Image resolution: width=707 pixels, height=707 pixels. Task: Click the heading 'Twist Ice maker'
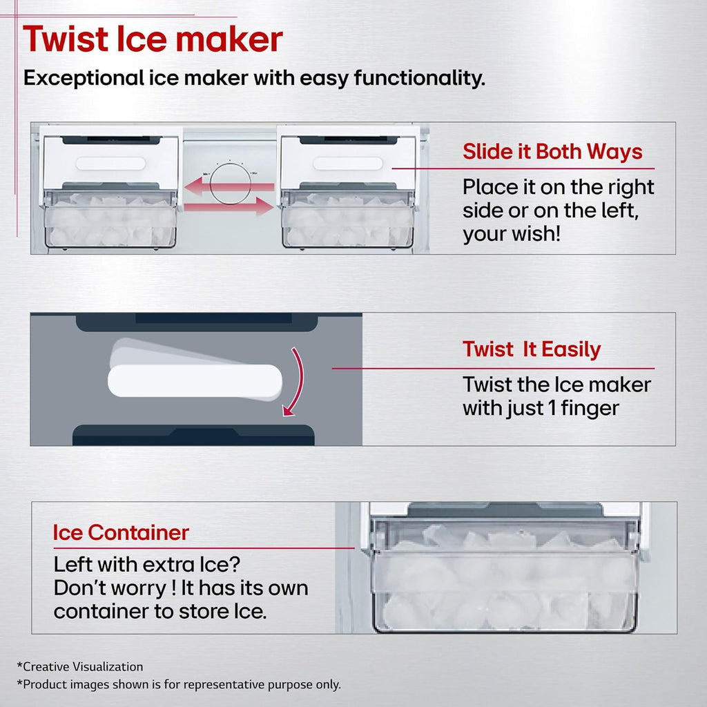coord(153,39)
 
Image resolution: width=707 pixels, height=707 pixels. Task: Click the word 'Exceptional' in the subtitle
coord(84,77)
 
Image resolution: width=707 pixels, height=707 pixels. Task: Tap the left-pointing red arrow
coord(229,186)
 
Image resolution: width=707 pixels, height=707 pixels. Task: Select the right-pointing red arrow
coord(229,206)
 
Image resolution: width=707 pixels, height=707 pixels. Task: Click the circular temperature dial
coord(230,184)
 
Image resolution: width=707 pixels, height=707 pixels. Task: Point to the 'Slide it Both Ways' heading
coord(552,151)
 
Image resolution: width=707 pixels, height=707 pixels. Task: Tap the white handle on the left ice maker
coord(110,164)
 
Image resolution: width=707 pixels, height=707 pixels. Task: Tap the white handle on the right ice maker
coord(348,164)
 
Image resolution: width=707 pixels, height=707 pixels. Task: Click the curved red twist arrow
coord(300,381)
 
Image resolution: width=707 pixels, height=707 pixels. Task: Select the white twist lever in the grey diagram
coord(195,381)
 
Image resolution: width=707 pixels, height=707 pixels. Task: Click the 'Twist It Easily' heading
coord(532,349)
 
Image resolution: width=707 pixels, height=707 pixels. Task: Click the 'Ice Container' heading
coord(121,532)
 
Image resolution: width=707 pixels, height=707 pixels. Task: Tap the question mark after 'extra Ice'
coord(235,565)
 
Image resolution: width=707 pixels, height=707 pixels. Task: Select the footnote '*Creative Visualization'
coord(80,667)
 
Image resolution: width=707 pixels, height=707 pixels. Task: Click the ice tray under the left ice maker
coord(110,220)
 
